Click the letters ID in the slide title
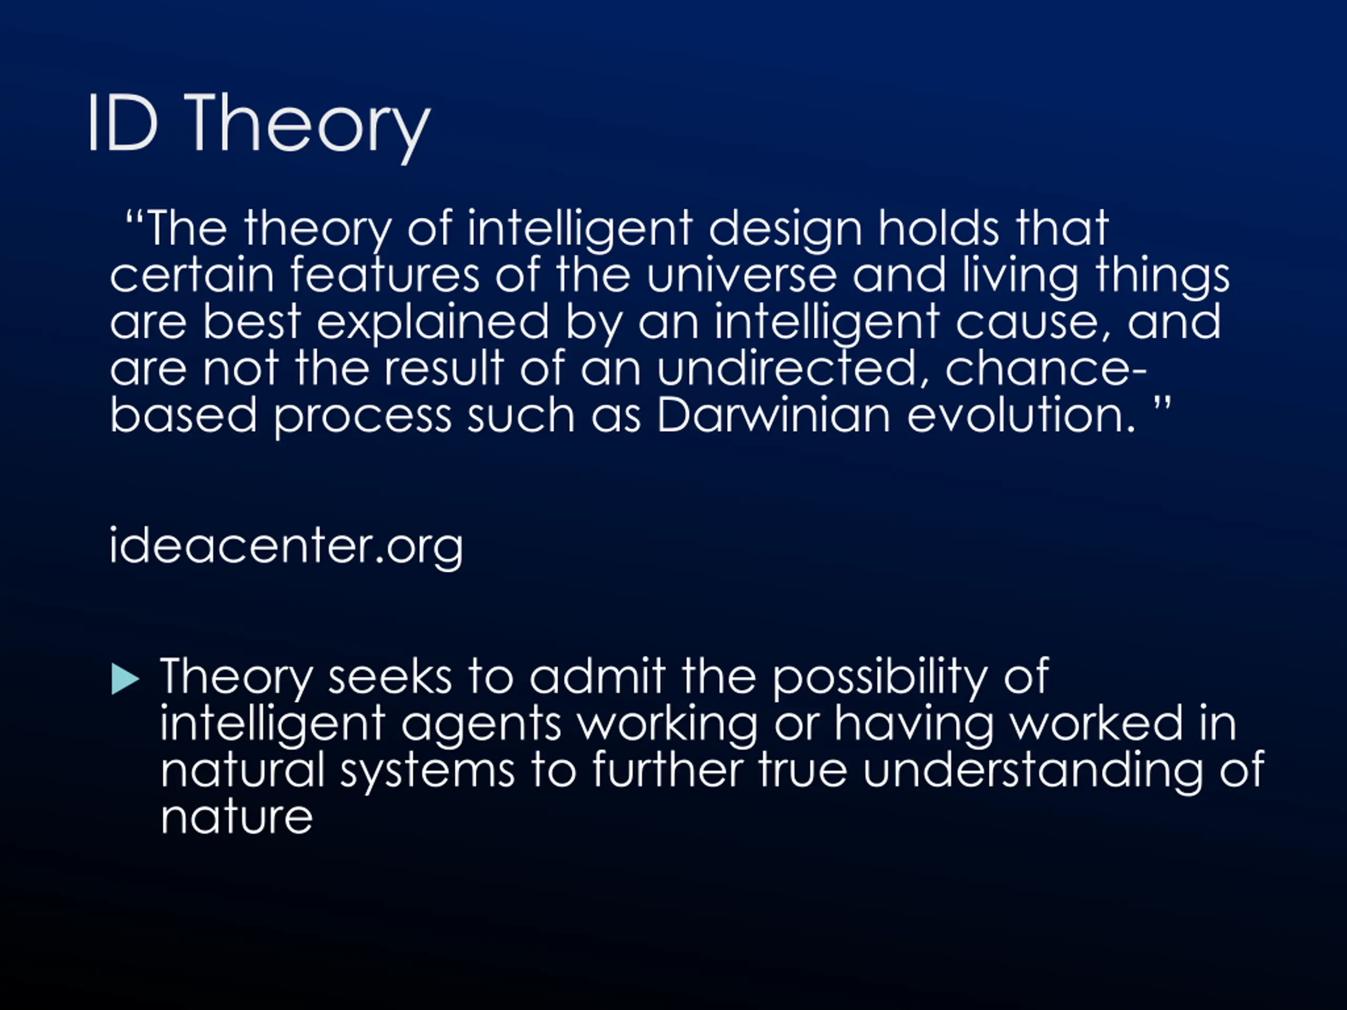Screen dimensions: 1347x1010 pos(123,123)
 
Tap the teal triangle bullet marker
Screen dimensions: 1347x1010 pos(125,679)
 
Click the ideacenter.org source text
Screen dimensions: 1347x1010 pos(286,546)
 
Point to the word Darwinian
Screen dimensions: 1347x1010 pos(774,415)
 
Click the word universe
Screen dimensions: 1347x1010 pos(741,276)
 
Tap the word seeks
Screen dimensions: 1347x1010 pos(390,677)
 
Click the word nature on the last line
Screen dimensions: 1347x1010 pos(237,817)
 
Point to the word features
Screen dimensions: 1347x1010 pos(385,275)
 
